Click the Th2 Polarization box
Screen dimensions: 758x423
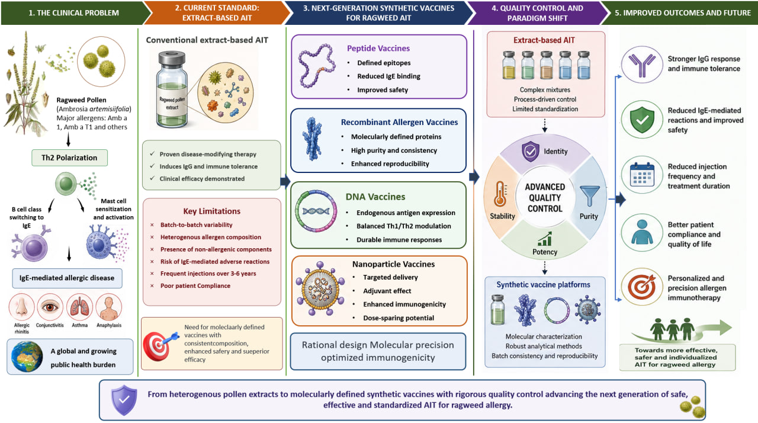coord(69,158)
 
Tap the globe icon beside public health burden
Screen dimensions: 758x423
coord(27,357)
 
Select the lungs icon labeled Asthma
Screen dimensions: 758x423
coord(79,307)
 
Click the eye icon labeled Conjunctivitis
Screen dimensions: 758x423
coord(50,307)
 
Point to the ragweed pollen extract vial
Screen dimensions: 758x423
coord(172,89)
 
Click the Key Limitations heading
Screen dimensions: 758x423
coord(212,211)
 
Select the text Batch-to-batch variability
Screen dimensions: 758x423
coord(196,225)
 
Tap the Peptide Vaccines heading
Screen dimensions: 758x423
coord(378,49)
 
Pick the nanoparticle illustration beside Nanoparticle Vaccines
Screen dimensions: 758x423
coord(320,289)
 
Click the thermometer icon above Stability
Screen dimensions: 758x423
coord(500,194)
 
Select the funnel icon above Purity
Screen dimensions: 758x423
coord(589,196)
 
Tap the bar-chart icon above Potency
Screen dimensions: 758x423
coord(545,239)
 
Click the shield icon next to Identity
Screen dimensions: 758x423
coord(530,151)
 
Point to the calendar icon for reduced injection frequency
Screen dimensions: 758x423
coord(642,175)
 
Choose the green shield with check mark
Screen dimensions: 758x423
coord(642,120)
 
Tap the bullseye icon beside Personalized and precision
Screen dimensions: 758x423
coord(641,287)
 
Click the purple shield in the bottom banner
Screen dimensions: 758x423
coord(124,400)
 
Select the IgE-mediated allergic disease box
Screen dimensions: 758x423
coord(67,278)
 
